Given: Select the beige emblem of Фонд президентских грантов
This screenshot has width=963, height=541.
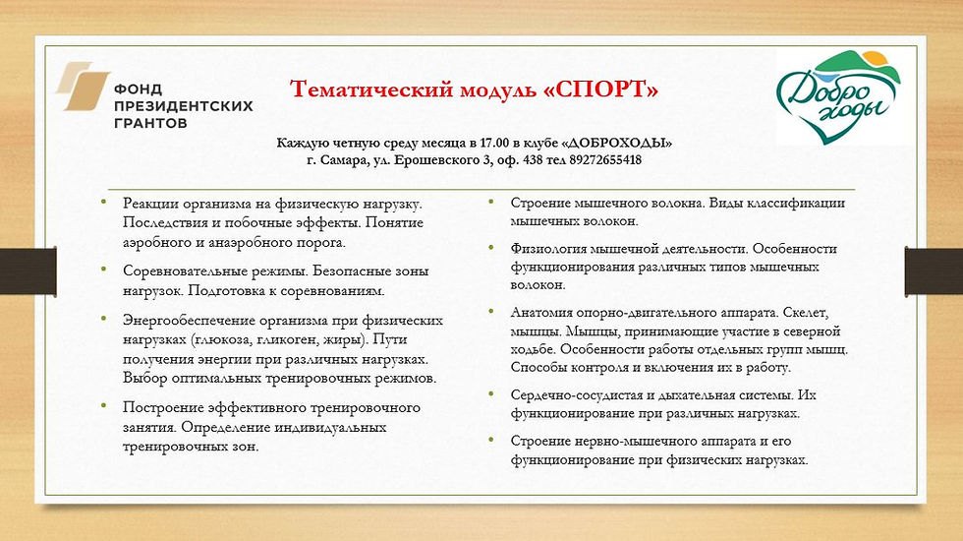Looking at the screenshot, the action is [83, 87].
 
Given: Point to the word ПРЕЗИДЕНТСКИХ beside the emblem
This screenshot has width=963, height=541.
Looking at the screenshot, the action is [184, 106].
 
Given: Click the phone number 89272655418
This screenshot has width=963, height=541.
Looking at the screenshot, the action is [605, 160].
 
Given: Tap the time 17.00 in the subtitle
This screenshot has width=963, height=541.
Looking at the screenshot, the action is [494, 144].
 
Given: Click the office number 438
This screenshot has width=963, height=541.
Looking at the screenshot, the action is [534, 160].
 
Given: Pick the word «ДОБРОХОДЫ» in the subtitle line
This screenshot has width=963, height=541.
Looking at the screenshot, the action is [617, 144].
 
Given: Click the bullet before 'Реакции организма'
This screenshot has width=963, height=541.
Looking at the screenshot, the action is [104, 201].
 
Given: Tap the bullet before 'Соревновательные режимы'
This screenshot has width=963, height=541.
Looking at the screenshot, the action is [104, 269].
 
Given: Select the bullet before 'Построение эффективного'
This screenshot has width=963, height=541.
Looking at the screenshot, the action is [104, 405].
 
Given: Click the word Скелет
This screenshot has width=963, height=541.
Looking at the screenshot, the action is [805, 313].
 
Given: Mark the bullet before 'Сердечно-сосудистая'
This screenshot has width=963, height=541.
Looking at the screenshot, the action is [491, 393].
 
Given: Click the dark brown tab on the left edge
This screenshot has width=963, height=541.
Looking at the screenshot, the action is [28, 271].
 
